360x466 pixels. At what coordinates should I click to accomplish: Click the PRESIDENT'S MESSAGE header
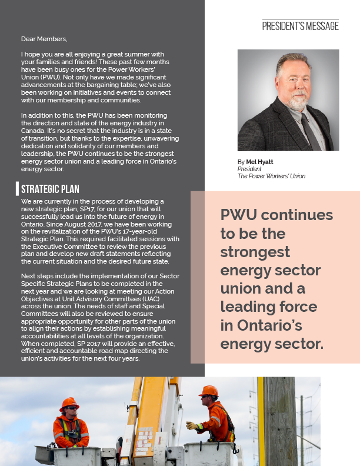pos(300,26)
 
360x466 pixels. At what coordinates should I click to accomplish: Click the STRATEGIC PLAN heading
pos(50,189)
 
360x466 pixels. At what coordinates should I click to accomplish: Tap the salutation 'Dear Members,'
pos(44,39)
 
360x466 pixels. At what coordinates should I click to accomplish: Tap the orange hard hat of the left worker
pos(69,404)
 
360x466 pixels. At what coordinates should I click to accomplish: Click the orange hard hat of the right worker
pos(208,391)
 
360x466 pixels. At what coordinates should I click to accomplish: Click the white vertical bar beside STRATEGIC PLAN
pos(18,189)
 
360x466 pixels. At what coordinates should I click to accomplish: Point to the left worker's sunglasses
pos(69,407)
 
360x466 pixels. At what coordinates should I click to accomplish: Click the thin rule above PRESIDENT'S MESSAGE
pos(300,19)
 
